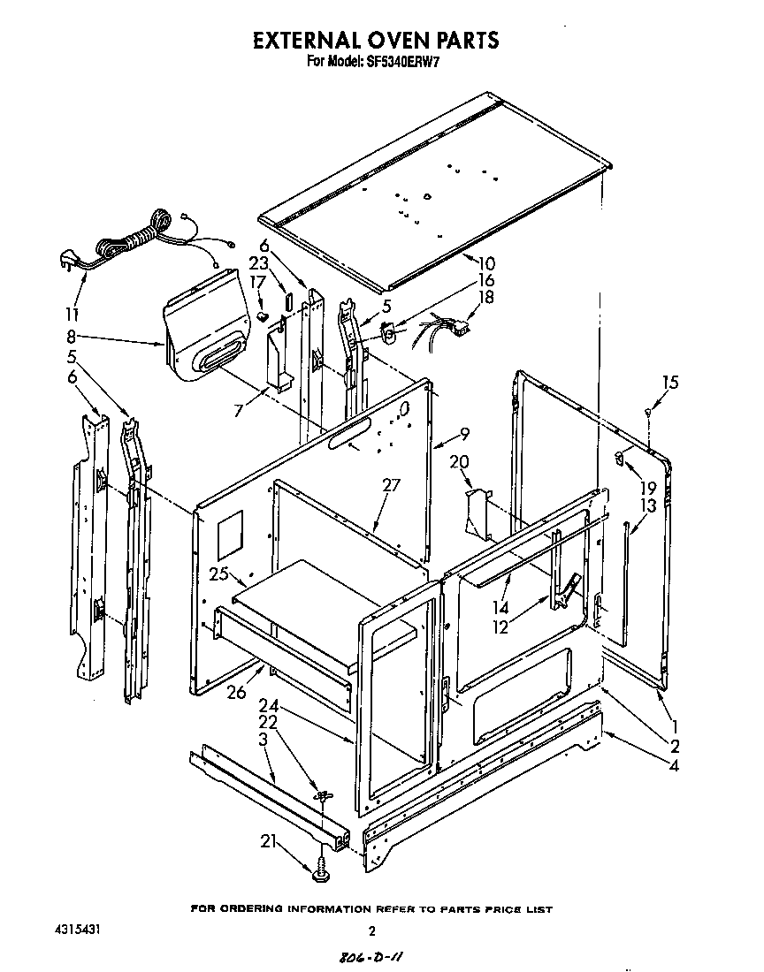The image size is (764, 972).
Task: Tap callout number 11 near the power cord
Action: (72, 314)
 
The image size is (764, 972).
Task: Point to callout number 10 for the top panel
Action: (486, 263)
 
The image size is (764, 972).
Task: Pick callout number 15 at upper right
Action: (670, 383)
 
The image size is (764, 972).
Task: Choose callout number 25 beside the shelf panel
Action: (219, 575)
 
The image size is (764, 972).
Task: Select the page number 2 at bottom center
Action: (372, 930)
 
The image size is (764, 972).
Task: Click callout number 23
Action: (258, 262)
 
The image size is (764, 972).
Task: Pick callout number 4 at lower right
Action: (675, 766)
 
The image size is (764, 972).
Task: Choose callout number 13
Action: (648, 505)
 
